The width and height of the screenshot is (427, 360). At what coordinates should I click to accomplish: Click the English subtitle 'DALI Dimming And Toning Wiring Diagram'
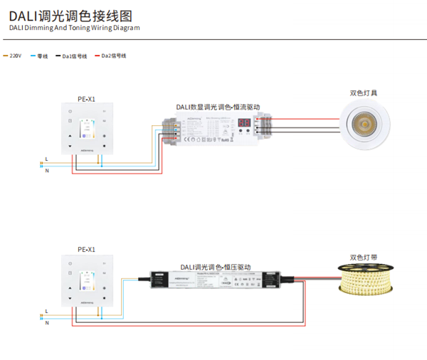pyautogui.click(x=75, y=28)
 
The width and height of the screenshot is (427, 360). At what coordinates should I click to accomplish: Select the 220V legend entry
pyautogui.click(x=14, y=55)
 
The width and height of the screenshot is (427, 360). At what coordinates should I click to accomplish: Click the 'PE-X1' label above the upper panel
pyautogui.click(x=86, y=99)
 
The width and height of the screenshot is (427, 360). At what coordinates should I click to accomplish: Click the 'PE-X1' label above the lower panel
pyautogui.click(x=86, y=250)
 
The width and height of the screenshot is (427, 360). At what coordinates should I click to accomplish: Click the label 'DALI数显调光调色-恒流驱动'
pyautogui.click(x=218, y=107)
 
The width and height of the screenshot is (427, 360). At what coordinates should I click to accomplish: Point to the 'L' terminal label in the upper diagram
pyautogui.click(x=46, y=158)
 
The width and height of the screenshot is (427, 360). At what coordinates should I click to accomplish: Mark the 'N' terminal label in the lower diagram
pyautogui.click(x=46, y=322)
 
